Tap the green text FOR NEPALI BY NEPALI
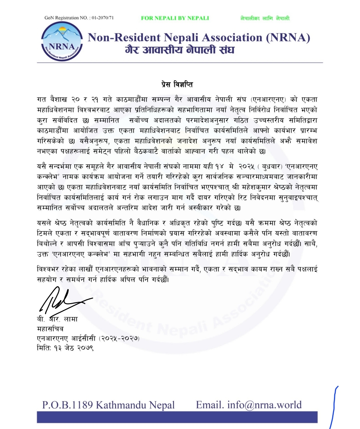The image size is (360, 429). (x=175, y=18)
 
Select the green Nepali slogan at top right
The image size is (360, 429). (x=265, y=18)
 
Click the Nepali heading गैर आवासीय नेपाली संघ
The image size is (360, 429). (x=180, y=50)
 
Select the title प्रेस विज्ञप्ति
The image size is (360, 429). (x=180, y=85)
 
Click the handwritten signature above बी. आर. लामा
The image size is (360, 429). (x=62, y=300)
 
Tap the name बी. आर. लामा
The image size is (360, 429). (x=57, y=319)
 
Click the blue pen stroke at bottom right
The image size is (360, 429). (x=334, y=408)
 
